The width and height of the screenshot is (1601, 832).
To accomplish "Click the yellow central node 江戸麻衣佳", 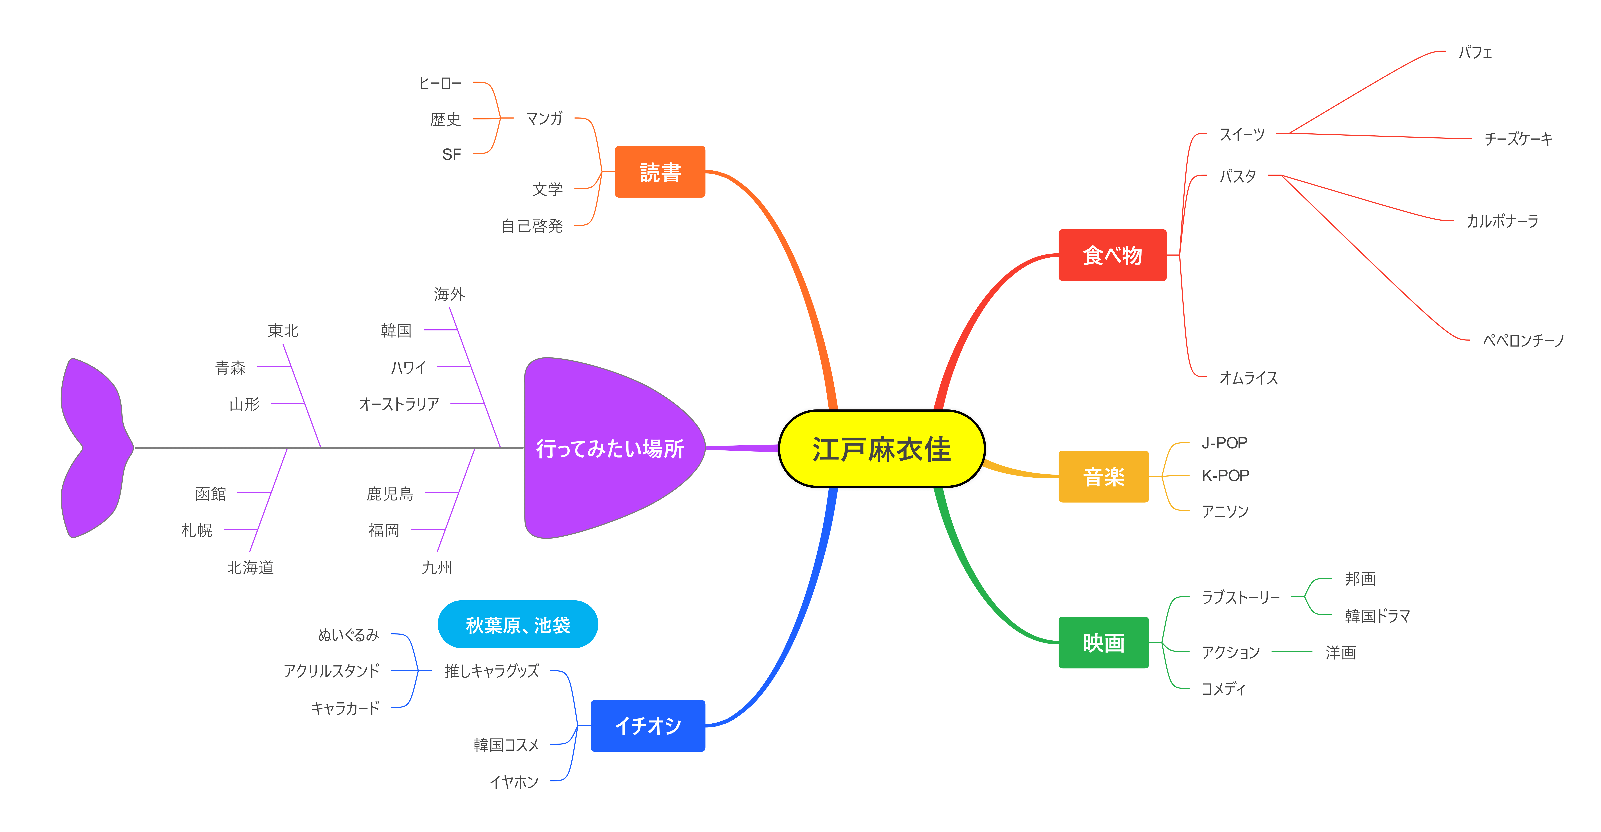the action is [881, 448].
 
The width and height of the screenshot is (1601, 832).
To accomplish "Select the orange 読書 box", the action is [660, 172].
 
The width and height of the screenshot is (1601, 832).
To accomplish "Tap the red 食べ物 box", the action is [1113, 255].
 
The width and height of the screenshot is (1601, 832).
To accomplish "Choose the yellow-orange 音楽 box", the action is [1104, 476].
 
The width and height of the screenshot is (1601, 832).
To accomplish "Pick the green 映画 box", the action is [1104, 642].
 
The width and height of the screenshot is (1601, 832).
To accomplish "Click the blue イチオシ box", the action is [648, 726].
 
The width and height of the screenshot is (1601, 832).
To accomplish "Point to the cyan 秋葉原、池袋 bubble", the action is [518, 624].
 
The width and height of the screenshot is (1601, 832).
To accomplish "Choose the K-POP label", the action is [1225, 476].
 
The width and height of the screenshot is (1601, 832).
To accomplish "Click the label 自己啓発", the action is [532, 226].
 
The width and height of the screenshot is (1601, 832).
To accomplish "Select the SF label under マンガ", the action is [452, 154].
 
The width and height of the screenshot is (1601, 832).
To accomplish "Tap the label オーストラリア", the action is [399, 404].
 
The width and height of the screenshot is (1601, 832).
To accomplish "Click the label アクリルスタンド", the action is [331, 671].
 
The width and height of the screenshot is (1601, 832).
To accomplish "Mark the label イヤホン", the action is [514, 782].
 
